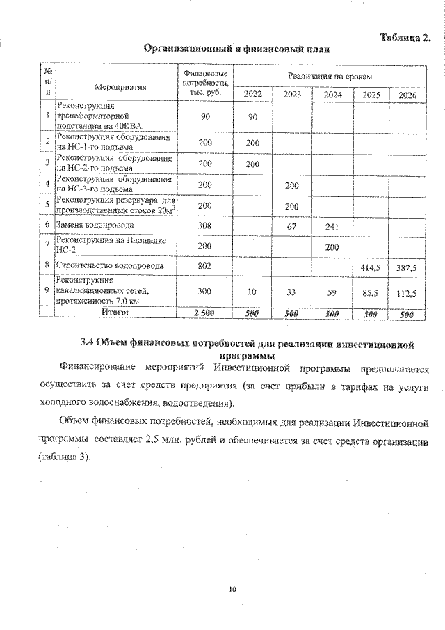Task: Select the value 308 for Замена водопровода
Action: tap(204, 226)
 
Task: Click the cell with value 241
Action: tap(332, 226)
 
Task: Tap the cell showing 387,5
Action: tap(407, 266)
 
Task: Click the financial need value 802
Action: tap(204, 266)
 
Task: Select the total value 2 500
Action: tap(204, 314)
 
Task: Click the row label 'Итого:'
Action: tap(115, 314)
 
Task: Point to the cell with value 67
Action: tap(292, 226)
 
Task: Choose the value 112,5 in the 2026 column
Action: tap(407, 294)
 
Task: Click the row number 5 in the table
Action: tap(47, 205)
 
